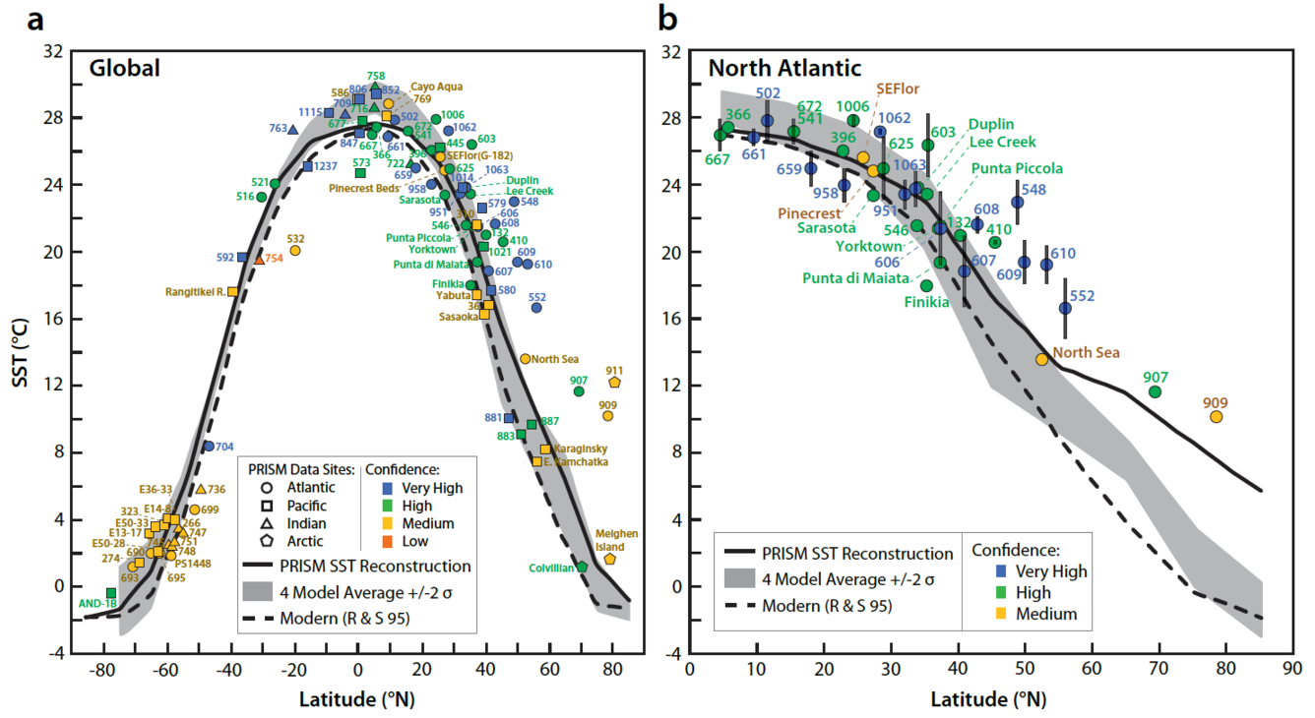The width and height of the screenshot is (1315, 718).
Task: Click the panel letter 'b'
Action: point(668,17)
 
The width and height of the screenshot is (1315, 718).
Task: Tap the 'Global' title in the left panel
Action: point(125,68)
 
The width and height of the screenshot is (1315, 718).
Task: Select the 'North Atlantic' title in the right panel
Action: point(784,68)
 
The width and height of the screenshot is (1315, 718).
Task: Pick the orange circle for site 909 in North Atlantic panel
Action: point(1217,417)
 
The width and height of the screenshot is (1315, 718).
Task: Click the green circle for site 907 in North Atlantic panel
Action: point(1156,392)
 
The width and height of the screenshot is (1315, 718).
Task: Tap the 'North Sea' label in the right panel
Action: point(1086,352)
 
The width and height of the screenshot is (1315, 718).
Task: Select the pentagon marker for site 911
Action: point(614,383)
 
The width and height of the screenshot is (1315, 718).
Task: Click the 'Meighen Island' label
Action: point(616,540)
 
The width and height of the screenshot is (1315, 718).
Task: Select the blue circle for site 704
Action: point(209,447)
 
